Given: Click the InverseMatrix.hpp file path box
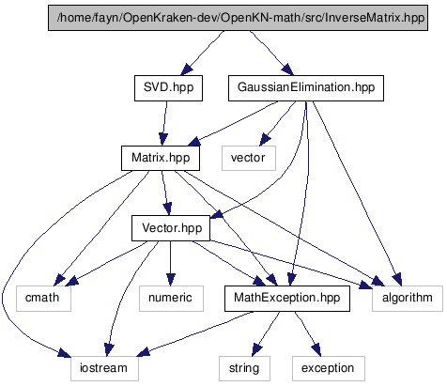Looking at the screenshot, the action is (238, 18).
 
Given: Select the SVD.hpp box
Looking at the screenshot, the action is (168, 88).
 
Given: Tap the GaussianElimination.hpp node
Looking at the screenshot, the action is (306, 88).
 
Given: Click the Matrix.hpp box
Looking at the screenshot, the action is (161, 158).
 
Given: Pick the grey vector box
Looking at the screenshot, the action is (249, 158).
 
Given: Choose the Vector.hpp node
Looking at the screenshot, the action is (171, 228).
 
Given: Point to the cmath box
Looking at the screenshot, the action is (43, 299).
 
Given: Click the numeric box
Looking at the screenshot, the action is (171, 299).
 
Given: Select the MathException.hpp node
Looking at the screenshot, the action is (287, 299).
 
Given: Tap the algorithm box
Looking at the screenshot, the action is (408, 299).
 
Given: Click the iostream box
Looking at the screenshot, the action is (104, 368).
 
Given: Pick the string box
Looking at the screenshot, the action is (244, 368).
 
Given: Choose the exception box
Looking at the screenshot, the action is (329, 368).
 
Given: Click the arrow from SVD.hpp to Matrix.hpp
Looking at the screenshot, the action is (164, 123).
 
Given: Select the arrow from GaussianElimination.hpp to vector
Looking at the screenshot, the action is (278, 123).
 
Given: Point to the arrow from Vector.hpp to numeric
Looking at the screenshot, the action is (170, 263).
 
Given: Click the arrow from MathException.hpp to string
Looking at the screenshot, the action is (266, 333).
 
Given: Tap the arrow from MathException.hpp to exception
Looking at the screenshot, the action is (308, 333).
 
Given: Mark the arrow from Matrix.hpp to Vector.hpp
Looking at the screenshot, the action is (165, 193).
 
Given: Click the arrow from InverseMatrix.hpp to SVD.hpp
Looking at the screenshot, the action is (203, 54).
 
